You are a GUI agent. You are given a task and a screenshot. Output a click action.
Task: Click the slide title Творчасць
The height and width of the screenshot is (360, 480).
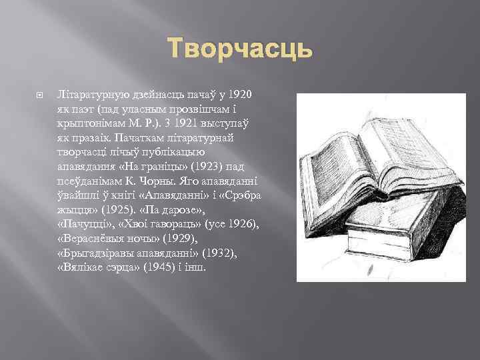coord(239,49)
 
